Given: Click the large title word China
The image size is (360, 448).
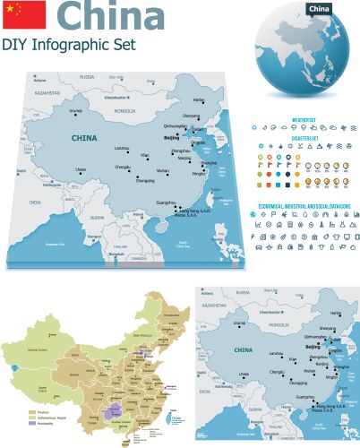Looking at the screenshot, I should [108, 18].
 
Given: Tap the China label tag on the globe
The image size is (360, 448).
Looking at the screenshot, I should [320, 9].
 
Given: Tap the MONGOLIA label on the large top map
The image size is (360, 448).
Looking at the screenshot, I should [124, 111].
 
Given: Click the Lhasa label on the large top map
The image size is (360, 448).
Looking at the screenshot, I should [81, 168].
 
